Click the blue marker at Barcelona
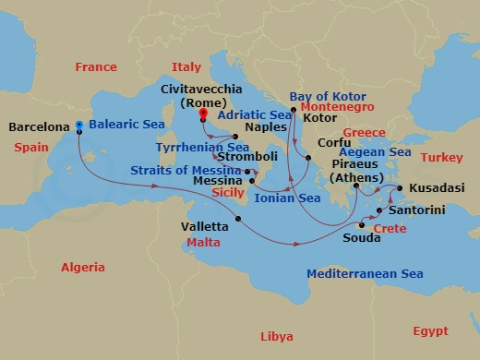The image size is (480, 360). coord(79,125)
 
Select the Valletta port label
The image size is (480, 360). coord(206,226)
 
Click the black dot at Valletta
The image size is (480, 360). coord(237,219)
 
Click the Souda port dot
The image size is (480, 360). coord(362,225)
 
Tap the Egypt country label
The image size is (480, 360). coord(429,330)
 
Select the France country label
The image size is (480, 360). coord(95,66)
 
